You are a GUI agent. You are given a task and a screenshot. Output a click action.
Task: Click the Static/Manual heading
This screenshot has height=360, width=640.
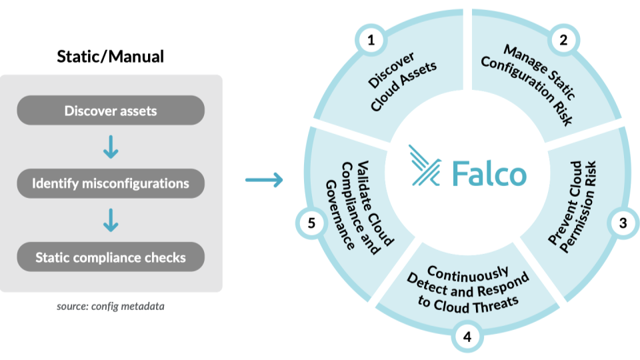pos(111,57)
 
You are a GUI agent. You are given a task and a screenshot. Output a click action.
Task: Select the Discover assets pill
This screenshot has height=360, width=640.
pos(111,110)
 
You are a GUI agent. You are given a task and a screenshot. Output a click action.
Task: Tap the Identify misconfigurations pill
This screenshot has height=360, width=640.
pos(111,183)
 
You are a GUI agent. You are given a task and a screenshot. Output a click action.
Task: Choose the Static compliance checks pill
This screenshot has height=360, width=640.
pos(111,257)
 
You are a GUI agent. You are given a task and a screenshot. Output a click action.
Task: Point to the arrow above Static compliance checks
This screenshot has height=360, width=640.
pos(111,220)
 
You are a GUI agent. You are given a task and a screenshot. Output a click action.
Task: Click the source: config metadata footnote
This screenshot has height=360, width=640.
pos(111,307)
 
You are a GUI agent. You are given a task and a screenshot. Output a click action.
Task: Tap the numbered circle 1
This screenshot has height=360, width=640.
pos(371,39)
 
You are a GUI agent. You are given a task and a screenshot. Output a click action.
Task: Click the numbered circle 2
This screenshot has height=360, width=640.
pos(563,39)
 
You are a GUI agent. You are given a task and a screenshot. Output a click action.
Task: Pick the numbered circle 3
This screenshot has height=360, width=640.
pos(623,223)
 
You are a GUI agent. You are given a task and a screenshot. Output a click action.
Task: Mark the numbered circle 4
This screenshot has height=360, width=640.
pos(467,337)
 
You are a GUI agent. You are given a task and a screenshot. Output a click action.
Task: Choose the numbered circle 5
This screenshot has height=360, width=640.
pos(311,223)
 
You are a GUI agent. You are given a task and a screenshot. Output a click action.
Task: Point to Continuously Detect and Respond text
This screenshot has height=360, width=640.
pos(467,287)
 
